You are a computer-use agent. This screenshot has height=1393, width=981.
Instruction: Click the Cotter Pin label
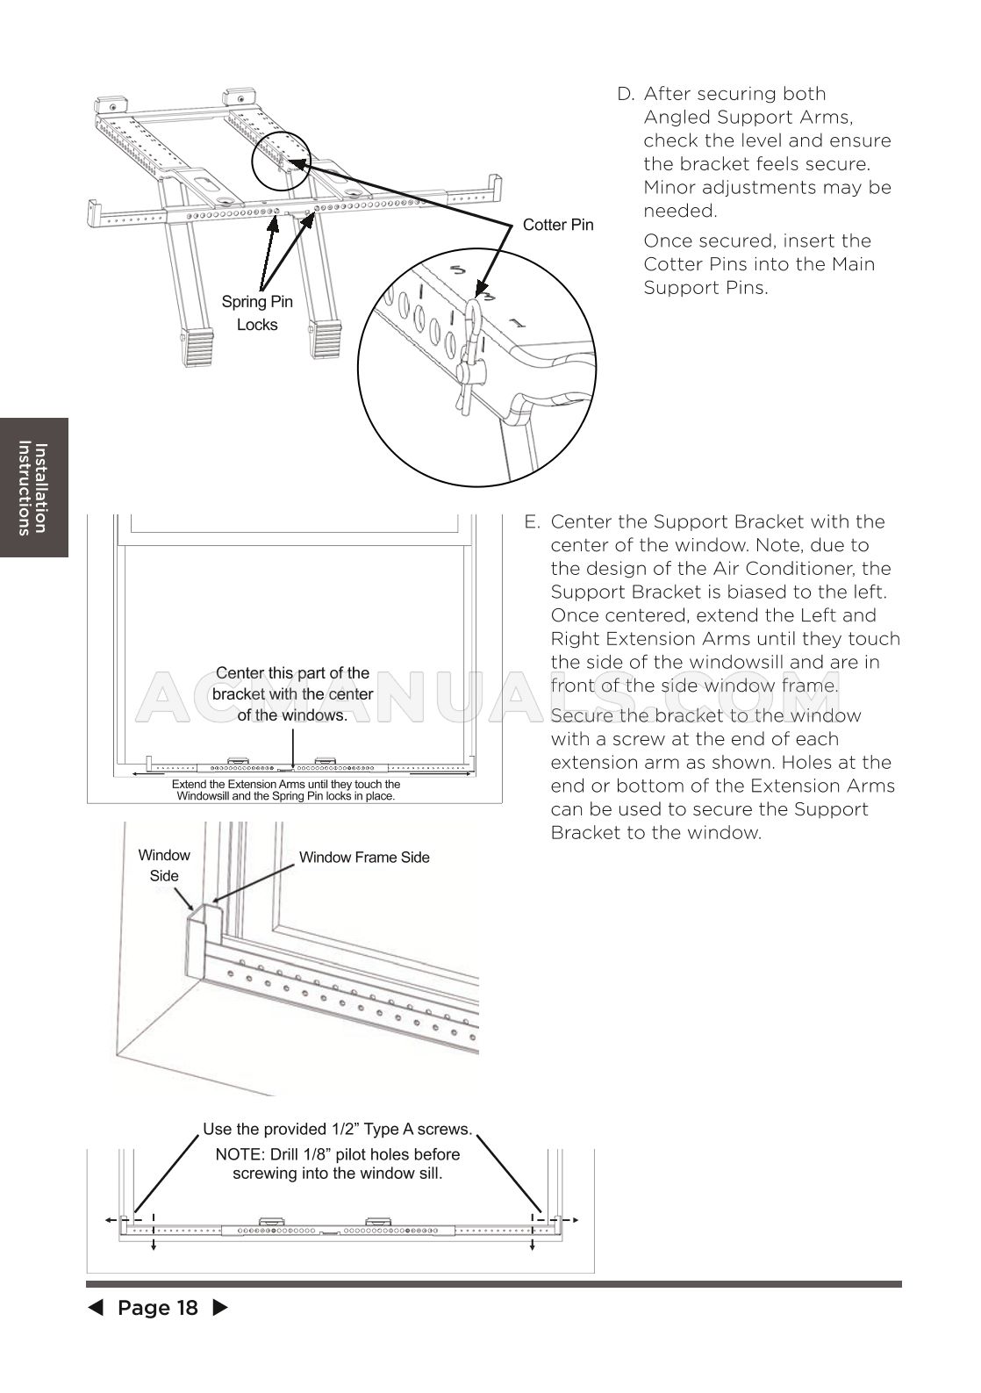click(x=558, y=225)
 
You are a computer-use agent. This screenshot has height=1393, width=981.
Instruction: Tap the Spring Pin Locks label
click(x=257, y=313)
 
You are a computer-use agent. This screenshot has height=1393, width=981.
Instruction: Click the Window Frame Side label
click(x=364, y=858)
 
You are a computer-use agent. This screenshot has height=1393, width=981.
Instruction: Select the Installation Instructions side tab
click(x=33, y=487)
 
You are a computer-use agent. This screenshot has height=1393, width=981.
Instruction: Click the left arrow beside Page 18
click(x=95, y=1308)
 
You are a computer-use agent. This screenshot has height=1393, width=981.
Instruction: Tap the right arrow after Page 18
click(x=221, y=1308)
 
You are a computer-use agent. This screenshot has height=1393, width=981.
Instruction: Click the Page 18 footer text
click(x=158, y=1308)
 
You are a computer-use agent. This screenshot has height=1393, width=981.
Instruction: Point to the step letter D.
click(x=625, y=94)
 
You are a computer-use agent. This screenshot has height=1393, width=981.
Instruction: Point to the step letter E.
click(x=531, y=522)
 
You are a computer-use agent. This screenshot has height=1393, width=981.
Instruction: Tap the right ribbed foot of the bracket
click(x=326, y=339)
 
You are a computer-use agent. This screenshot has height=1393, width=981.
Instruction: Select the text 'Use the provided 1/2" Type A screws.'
click(x=338, y=1129)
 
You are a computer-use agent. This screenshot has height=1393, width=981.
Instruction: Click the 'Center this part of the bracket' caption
click(x=293, y=694)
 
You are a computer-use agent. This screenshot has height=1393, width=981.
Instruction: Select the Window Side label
click(x=164, y=865)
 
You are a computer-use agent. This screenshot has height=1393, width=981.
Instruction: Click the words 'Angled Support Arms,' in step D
click(x=748, y=118)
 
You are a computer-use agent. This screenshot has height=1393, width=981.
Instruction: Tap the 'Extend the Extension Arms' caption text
click(x=286, y=790)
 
